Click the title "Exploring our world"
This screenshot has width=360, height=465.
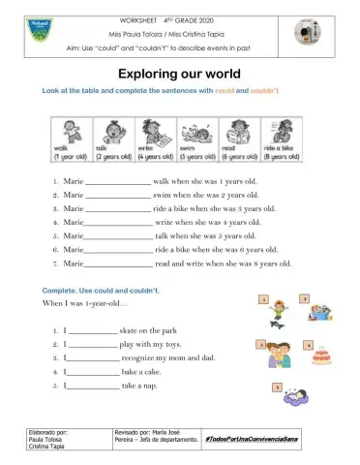179,74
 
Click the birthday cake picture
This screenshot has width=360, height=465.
322,354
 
